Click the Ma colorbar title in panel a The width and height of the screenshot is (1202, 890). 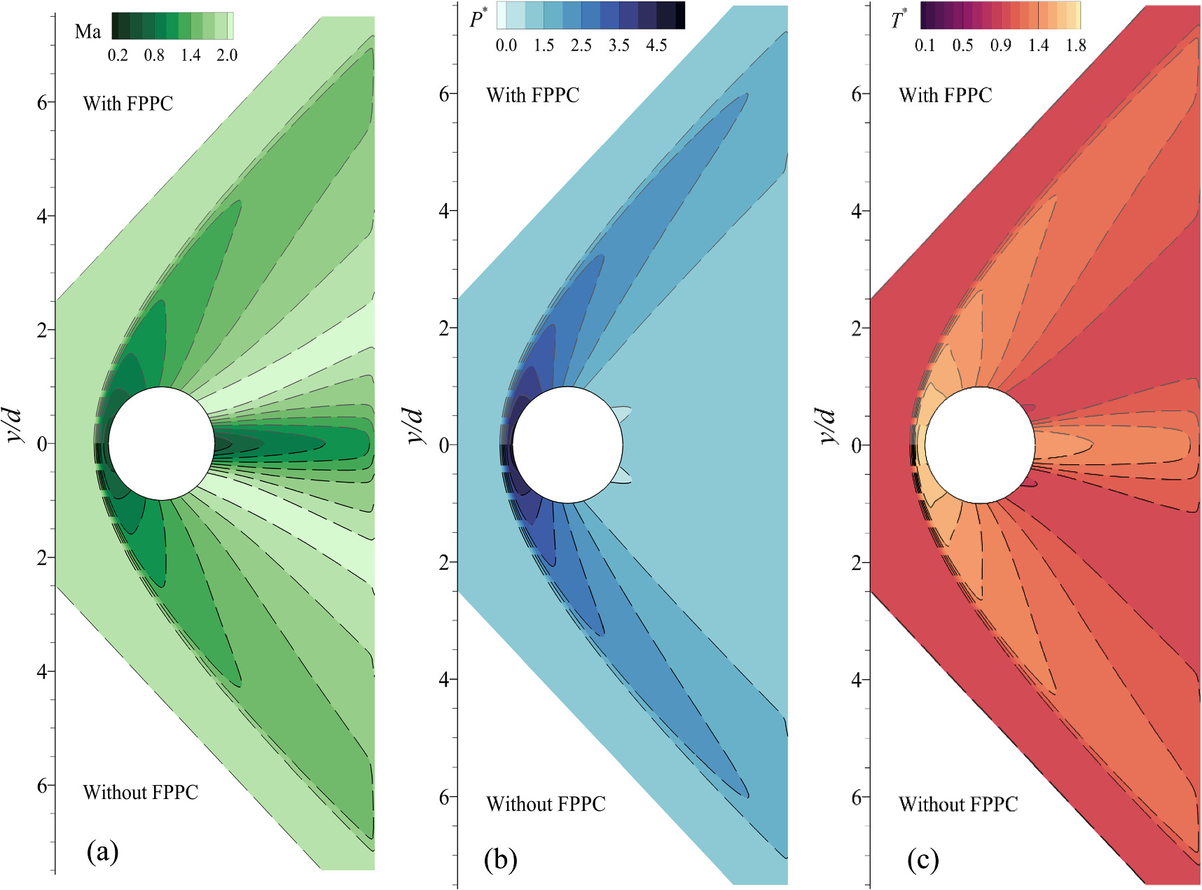(88, 31)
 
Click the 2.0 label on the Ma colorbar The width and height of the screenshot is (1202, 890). (227, 55)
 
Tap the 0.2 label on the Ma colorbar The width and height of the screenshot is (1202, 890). (118, 55)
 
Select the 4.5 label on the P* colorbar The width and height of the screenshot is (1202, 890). (656, 46)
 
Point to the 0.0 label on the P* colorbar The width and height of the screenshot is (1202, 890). (506, 46)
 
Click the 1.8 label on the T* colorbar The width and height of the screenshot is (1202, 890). (1076, 46)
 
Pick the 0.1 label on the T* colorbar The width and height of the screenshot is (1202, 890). (925, 46)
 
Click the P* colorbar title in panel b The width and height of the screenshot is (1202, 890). (478, 19)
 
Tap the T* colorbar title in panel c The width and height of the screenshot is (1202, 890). (899, 19)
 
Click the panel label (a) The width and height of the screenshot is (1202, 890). (102, 851)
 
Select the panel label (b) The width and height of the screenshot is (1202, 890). (500, 859)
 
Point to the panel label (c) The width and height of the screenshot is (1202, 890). (923, 860)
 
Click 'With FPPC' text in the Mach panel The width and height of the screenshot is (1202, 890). (128, 104)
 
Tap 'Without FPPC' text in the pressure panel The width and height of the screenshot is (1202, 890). (546, 804)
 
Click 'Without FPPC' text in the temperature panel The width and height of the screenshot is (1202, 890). (958, 804)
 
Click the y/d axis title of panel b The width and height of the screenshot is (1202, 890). (415, 426)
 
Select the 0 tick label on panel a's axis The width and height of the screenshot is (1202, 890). (42, 444)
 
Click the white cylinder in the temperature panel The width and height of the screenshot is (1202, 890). (979, 445)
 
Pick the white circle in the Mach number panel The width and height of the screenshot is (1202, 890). (162, 443)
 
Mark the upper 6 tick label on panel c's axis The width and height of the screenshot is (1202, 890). (856, 94)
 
